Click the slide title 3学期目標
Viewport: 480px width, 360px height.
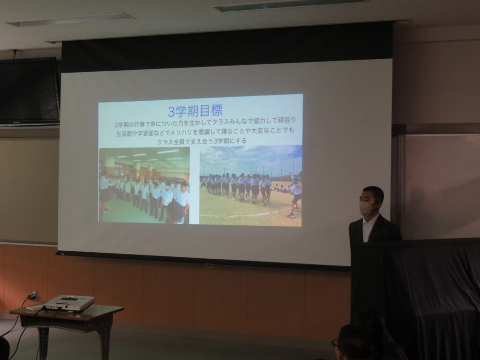tap(195, 111)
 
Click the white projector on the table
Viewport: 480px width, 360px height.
tap(68, 303)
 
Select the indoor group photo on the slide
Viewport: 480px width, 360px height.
tap(144, 185)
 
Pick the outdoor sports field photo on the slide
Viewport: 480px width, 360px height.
tap(251, 186)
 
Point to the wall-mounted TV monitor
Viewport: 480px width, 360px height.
tap(29, 91)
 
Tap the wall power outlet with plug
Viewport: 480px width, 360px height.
tap(34, 295)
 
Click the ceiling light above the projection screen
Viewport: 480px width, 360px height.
tap(290, 6)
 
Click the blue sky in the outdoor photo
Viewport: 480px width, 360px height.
tap(251, 156)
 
